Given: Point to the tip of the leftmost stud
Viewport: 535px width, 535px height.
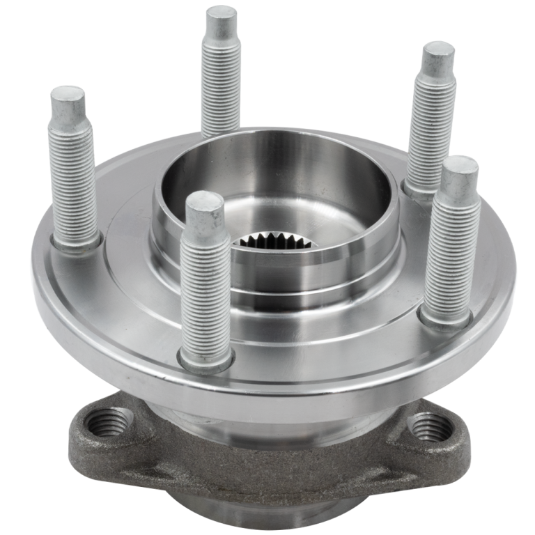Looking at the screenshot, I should [x=68, y=97].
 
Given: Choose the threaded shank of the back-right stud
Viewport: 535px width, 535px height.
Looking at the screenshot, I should [x=430, y=125].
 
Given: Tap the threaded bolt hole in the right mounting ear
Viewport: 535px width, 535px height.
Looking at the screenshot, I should [x=426, y=426].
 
